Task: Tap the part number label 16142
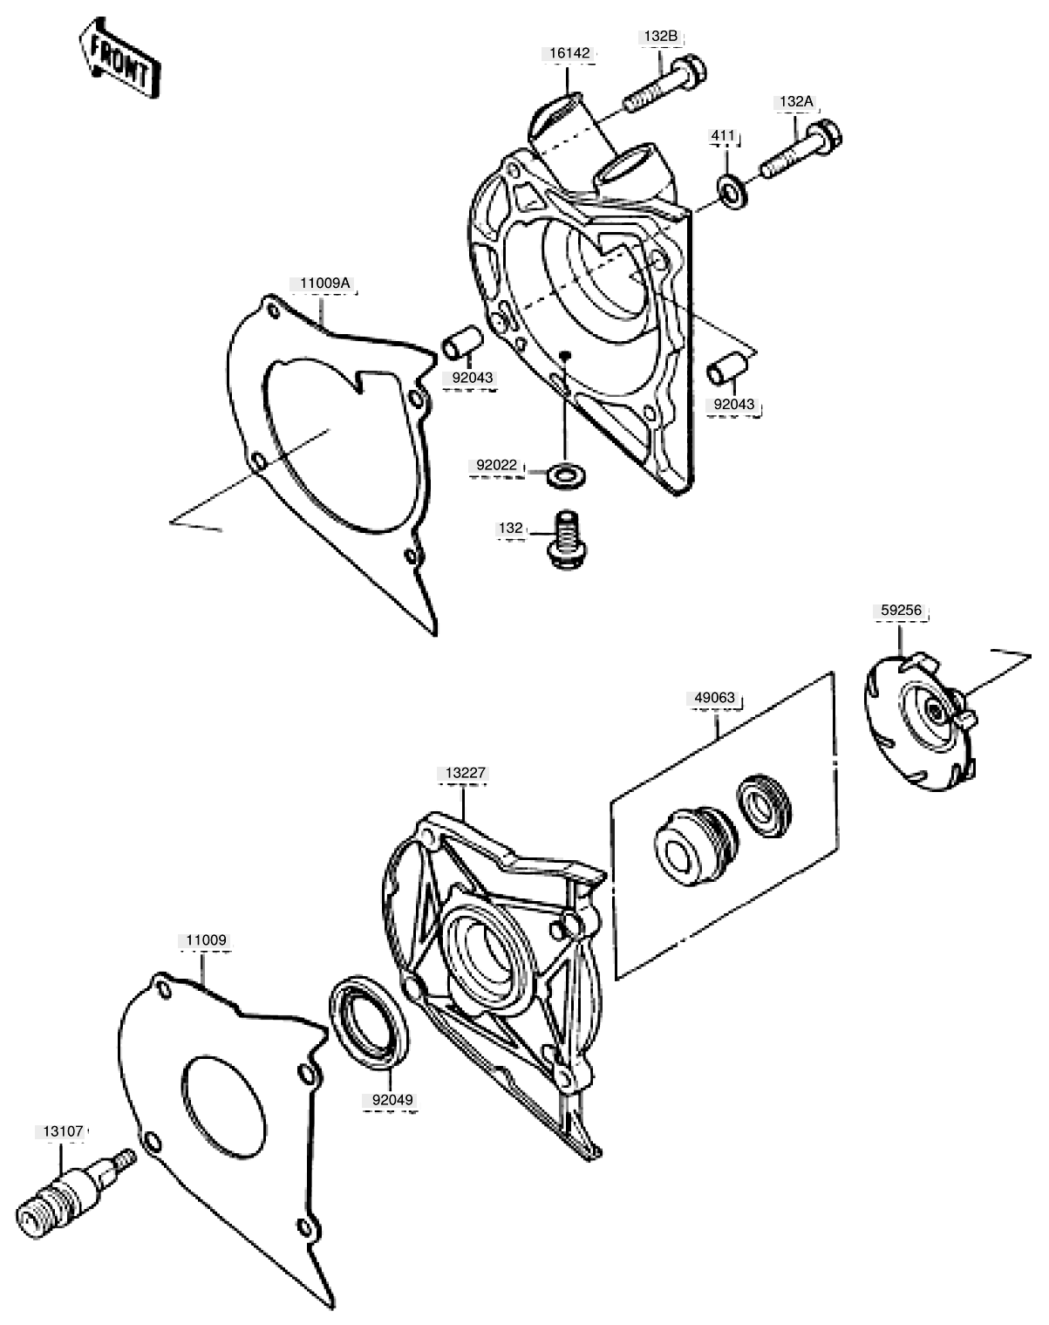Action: pyautogui.click(x=569, y=53)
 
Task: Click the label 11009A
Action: pyautogui.click(x=324, y=283)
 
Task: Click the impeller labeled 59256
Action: pyautogui.click(x=922, y=721)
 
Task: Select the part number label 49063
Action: pyautogui.click(x=715, y=698)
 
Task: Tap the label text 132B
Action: pyautogui.click(x=661, y=37)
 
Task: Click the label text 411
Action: pyautogui.click(x=723, y=135)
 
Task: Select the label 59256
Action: pyautogui.click(x=902, y=611)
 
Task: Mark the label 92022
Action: pyautogui.click(x=497, y=466)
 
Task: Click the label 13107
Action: pyautogui.click(x=63, y=1131)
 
